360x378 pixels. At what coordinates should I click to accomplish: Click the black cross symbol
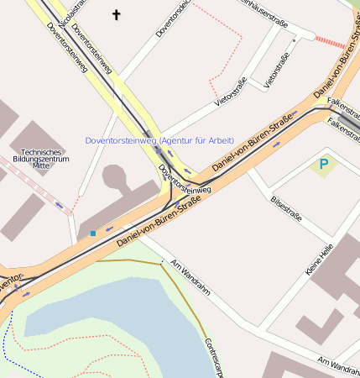(116, 14)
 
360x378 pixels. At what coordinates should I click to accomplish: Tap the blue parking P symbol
(323, 164)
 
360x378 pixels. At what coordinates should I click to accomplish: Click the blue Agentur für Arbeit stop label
(159, 140)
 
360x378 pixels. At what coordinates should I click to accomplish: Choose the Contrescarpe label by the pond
(213, 358)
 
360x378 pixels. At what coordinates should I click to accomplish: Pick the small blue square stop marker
(92, 233)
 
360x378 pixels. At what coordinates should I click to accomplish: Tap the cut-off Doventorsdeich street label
(172, 19)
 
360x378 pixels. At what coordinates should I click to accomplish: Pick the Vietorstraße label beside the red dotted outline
(230, 91)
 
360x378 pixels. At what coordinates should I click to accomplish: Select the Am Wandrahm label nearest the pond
(189, 278)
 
